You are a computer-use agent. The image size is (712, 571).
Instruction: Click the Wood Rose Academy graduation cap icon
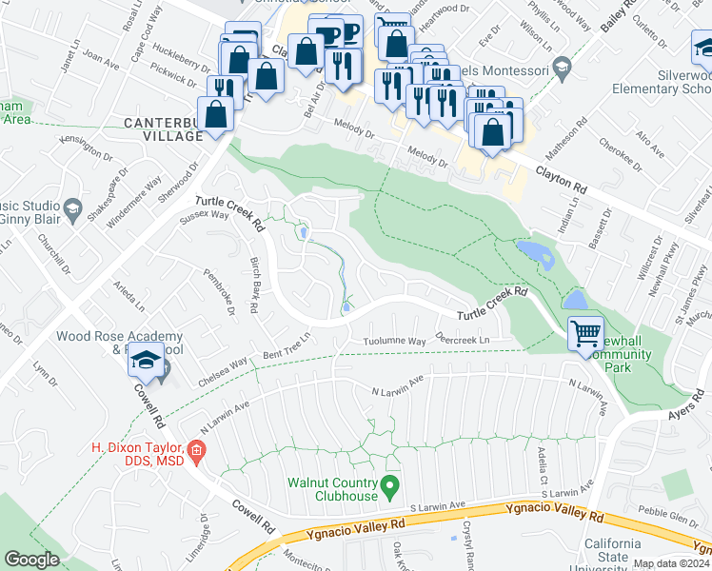(x=146, y=363)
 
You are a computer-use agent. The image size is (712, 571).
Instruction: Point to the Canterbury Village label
(x=164, y=129)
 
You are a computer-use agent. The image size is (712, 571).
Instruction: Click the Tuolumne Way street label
(x=394, y=341)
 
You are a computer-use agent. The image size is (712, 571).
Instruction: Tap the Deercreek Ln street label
(x=462, y=340)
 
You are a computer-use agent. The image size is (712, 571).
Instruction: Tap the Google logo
(x=31, y=560)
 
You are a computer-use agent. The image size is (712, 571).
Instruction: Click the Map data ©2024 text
(x=671, y=563)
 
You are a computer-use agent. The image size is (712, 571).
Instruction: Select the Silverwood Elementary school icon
(x=701, y=46)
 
